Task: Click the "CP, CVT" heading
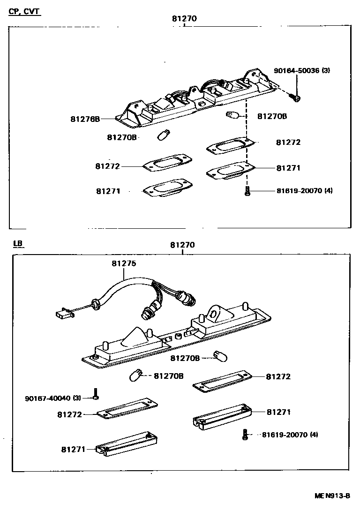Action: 25,11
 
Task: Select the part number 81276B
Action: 85,119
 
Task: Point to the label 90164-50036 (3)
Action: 302,71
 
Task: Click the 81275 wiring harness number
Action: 124,263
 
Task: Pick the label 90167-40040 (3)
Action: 53,398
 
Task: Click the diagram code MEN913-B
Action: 332,496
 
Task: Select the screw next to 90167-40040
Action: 95,394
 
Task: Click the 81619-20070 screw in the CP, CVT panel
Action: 247,191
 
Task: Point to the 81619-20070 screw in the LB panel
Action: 244,435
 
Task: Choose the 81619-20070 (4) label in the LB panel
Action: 290,435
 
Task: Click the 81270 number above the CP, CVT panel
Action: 184,19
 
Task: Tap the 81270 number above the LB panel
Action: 182,245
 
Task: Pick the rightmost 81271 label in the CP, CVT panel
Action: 288,168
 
